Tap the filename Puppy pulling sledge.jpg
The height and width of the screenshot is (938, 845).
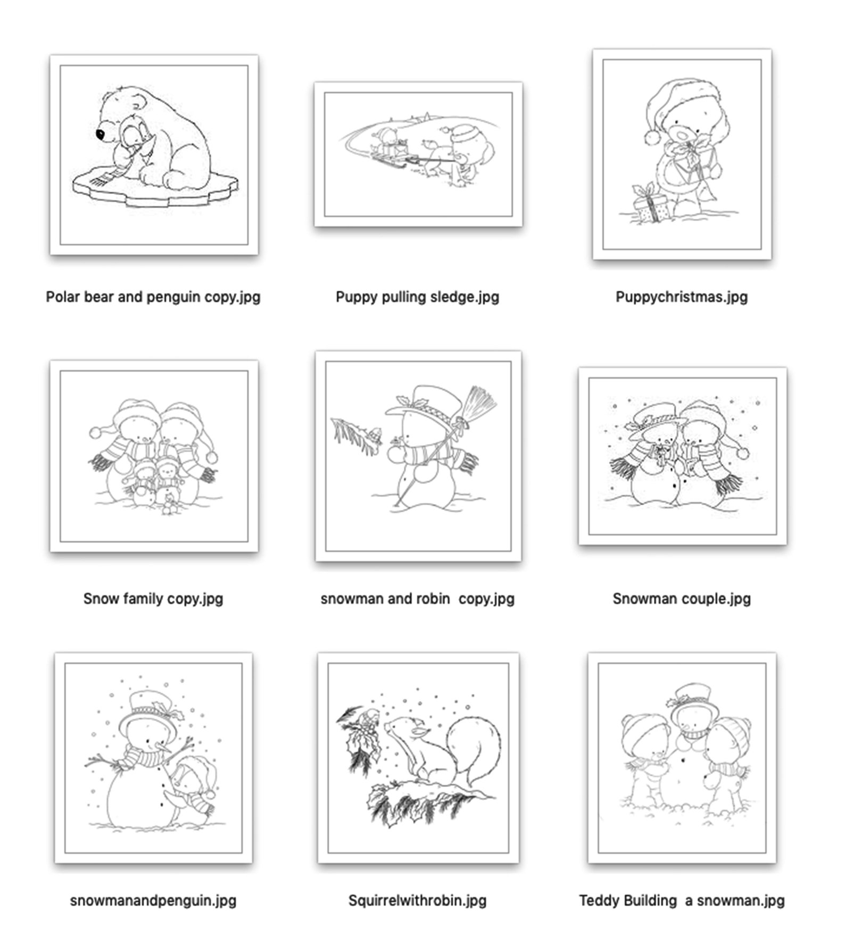(417, 297)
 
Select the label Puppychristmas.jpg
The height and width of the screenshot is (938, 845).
(681, 297)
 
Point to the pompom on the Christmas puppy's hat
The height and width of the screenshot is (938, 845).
(652, 137)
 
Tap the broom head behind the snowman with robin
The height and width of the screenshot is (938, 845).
(478, 403)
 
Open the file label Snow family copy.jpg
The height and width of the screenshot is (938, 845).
(153, 599)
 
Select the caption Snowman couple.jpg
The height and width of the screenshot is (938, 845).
(681, 599)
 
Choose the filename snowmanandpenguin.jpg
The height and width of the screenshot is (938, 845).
(153, 901)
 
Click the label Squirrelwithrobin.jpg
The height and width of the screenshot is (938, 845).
(417, 901)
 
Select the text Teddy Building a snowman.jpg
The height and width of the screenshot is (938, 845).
(681, 901)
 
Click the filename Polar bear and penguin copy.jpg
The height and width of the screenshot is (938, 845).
(153, 297)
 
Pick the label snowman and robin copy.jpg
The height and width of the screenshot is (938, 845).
(417, 599)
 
